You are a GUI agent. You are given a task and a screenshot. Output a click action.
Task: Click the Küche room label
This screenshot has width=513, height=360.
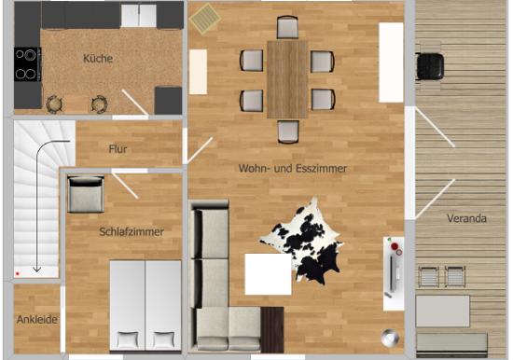tap(98, 59)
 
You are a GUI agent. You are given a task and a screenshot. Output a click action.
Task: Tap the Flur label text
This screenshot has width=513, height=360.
tap(118, 149)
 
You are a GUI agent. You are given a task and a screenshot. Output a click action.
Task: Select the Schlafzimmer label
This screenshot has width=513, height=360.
tap(132, 232)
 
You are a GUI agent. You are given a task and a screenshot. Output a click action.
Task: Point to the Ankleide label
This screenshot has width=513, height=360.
tap(37, 319)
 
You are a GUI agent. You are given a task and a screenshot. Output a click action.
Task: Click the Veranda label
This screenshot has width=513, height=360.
tap(467, 218)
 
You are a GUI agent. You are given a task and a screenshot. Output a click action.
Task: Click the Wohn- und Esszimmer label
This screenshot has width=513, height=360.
tap(293, 169)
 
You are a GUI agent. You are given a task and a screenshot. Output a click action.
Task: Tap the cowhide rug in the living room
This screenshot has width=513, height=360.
tap(302, 242)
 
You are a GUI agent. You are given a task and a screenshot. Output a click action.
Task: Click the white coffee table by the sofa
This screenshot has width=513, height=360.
tap(268, 274)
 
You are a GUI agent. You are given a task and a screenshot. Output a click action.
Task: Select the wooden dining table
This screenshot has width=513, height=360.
tap(287, 79)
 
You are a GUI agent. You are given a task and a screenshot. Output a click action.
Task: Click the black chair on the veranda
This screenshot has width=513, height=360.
tap(430, 66)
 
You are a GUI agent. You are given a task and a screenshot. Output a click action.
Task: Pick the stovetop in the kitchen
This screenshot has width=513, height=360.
tap(27, 64)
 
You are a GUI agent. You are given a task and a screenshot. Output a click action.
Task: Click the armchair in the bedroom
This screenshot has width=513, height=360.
tap(86, 194)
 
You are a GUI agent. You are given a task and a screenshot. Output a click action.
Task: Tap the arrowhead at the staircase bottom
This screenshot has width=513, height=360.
tap(37, 270)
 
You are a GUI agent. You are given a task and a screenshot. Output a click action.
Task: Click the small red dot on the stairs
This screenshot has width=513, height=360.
tap(18, 273)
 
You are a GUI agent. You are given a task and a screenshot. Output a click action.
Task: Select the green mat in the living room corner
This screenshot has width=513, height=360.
tap(205, 19)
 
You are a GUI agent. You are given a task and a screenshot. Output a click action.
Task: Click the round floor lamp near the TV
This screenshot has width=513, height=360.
tap(390, 338)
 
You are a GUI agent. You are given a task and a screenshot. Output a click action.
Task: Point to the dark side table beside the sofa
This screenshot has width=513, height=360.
tap(272, 330)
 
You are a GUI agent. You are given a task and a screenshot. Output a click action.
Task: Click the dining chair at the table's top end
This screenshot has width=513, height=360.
tap(287, 27)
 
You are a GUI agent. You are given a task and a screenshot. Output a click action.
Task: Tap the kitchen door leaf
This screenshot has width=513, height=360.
tap(135, 103)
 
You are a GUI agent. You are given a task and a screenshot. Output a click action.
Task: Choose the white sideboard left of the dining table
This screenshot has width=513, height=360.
tap(198, 72)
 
